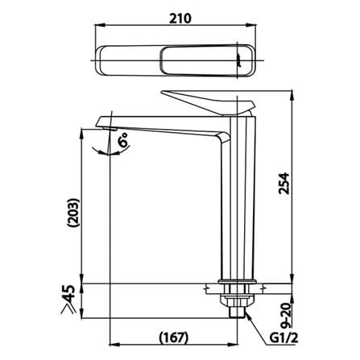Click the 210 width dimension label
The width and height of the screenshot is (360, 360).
180,19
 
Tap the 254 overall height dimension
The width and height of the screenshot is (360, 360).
284,184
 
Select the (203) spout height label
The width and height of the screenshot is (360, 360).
74,213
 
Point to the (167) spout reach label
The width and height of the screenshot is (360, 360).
173,337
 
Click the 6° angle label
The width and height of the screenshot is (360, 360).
124,139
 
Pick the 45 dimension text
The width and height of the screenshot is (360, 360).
68,293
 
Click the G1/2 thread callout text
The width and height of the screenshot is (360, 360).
283,338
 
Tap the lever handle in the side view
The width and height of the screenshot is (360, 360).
208,102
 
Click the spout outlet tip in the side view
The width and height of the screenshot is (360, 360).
110,129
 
